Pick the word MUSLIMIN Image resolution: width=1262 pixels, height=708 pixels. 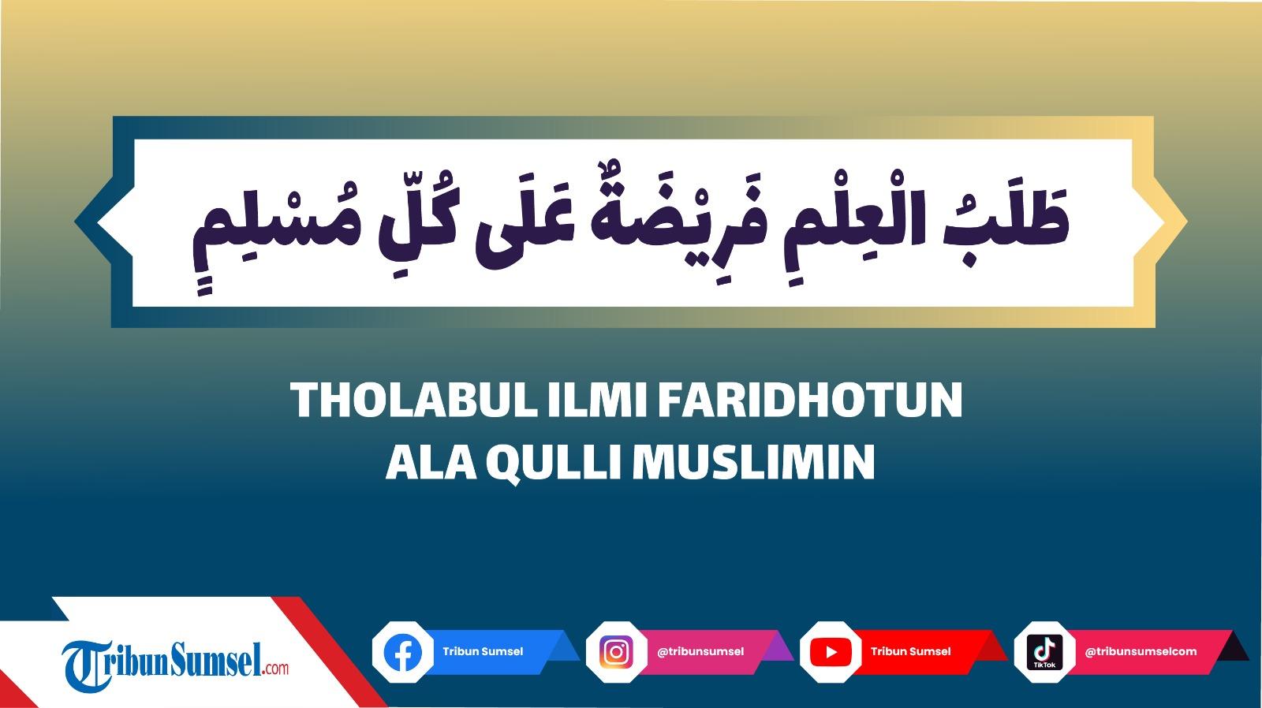click(x=754, y=462)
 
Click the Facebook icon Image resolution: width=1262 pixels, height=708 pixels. click(x=403, y=653)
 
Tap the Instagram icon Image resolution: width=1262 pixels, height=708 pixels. click(x=617, y=653)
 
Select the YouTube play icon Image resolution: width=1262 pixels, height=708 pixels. click(x=831, y=653)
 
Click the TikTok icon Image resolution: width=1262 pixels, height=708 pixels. click(x=1044, y=653)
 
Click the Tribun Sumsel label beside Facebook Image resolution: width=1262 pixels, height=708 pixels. click(x=483, y=651)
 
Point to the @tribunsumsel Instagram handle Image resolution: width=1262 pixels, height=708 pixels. click(x=700, y=651)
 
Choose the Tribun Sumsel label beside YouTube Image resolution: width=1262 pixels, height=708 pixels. click(x=911, y=651)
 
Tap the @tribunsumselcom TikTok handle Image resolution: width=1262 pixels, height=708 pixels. click(x=1141, y=651)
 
